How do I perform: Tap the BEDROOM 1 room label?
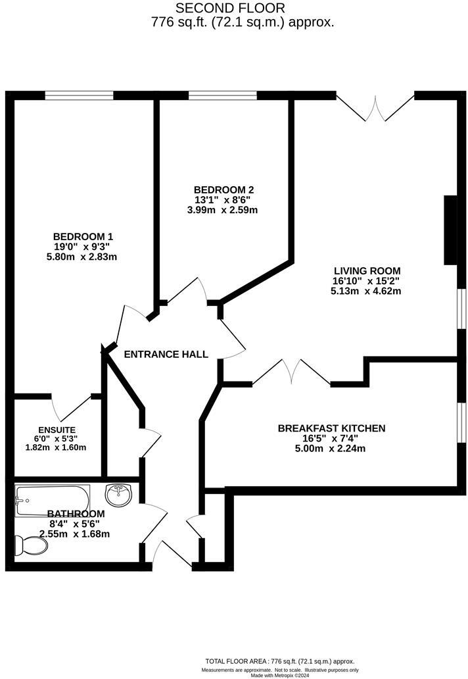(83, 236)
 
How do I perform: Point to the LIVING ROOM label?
(367, 270)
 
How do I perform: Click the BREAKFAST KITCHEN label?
(331, 428)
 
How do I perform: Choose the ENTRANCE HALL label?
(166, 354)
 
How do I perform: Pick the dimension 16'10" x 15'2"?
(367, 281)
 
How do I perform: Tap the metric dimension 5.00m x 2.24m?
(331, 449)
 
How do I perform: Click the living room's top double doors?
(375, 107)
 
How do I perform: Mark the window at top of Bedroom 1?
(80, 96)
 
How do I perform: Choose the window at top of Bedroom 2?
(223, 96)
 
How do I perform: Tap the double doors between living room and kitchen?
(292, 372)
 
